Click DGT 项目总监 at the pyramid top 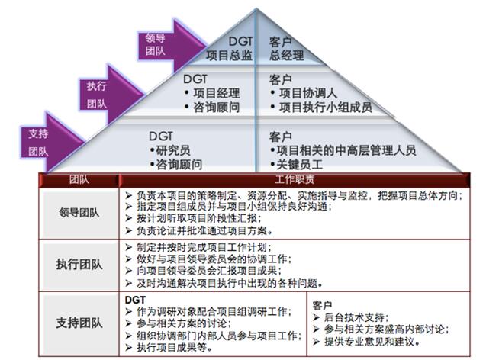[x=229, y=48]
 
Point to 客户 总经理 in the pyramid [x=286, y=48]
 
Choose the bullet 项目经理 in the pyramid [x=212, y=93]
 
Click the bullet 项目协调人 [x=303, y=93]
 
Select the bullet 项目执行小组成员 [x=321, y=108]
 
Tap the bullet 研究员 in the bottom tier [x=170, y=150]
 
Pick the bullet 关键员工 [x=296, y=165]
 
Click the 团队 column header [x=79, y=180]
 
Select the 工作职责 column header [x=295, y=180]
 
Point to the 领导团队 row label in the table [x=79, y=213]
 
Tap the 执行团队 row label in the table [x=79, y=264]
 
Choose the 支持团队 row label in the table [x=79, y=323]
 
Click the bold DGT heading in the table [x=135, y=300]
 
